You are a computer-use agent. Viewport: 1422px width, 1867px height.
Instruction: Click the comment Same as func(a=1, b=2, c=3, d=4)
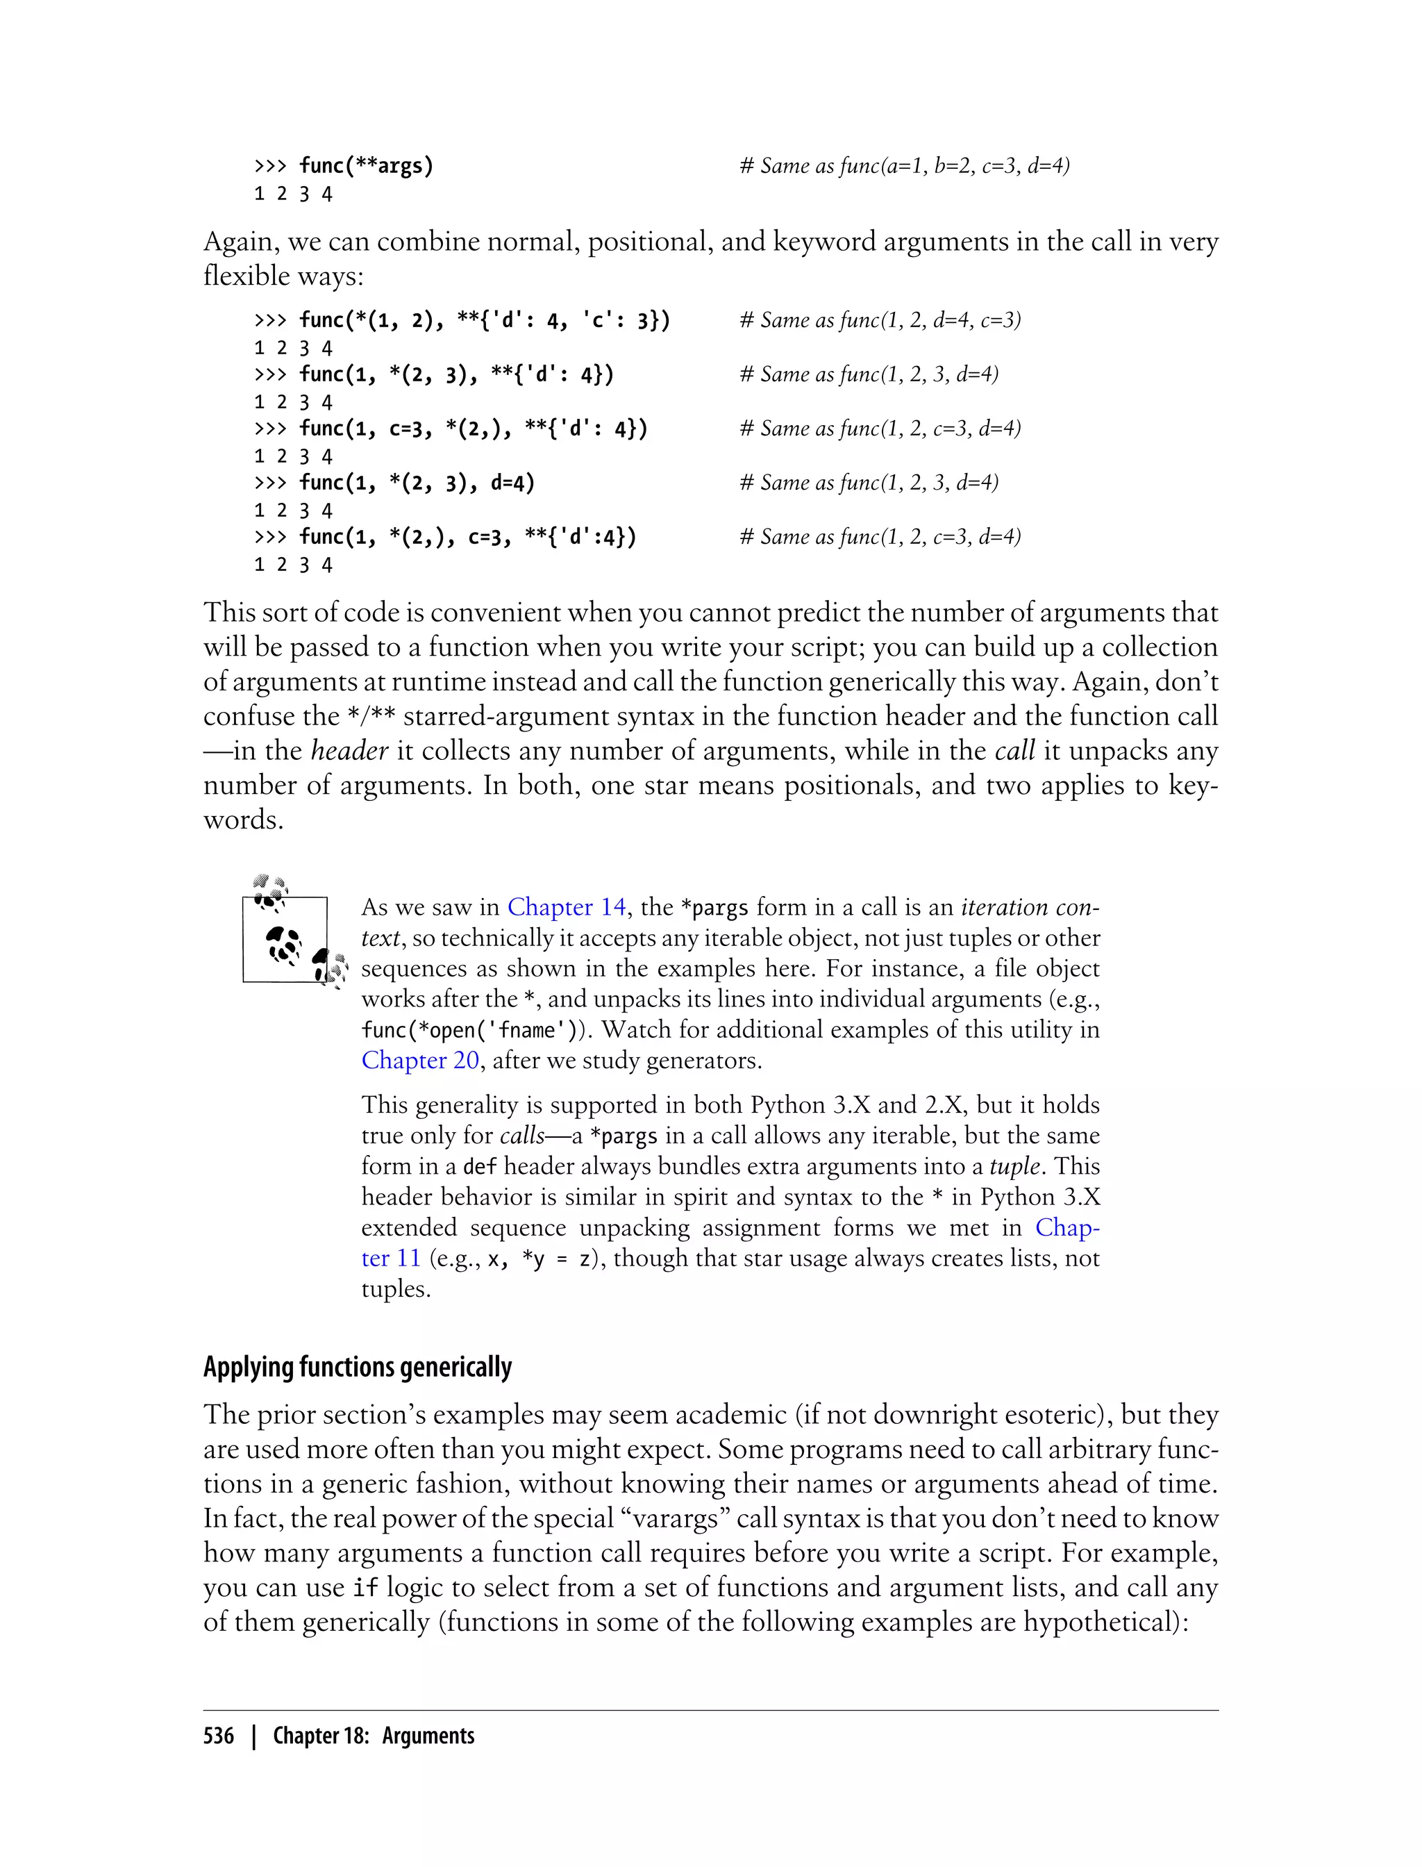coord(904,166)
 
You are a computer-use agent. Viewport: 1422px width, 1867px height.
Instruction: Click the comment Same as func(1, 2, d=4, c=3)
coord(880,320)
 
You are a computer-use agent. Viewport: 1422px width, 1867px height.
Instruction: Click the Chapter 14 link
coord(567,907)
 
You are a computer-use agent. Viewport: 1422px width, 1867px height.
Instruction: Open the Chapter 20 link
coord(420,1060)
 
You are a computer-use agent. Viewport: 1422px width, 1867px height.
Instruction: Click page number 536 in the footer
coord(219,1736)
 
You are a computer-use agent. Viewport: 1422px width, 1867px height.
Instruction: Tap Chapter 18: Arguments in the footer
coord(374,1736)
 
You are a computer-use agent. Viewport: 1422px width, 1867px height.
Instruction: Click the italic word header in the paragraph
coord(349,750)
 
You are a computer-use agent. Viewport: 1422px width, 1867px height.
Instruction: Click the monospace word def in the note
coord(480,1167)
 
